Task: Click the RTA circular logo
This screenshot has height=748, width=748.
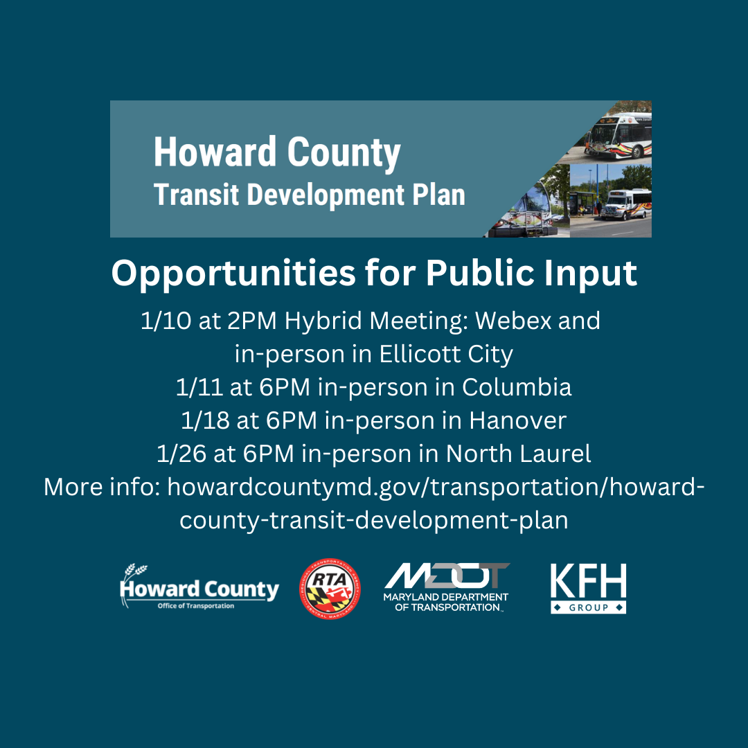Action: coord(330,589)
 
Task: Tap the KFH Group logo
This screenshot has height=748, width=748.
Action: coord(588,588)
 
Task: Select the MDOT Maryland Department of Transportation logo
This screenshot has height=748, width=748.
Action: coord(447,587)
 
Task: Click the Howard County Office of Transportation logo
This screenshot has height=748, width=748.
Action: coord(199,587)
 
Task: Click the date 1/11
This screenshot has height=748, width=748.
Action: coord(199,387)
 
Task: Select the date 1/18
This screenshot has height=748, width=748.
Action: coord(205,420)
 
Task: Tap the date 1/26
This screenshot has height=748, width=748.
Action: coord(181,454)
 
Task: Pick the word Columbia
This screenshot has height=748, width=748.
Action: coord(517,387)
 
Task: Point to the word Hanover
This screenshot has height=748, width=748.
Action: coord(517,420)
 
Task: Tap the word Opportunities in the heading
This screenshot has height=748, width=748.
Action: coord(233,274)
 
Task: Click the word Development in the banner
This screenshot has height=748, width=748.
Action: coord(326,195)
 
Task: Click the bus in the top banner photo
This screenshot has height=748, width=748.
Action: coord(618,136)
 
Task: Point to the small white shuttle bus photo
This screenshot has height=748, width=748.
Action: coord(626,204)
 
